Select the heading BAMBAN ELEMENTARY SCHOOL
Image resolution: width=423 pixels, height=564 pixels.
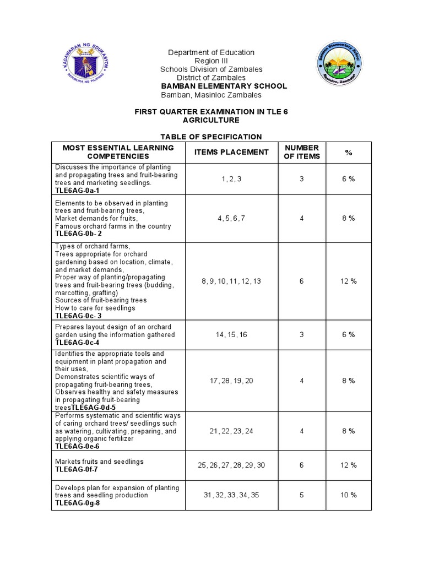coord(223,86)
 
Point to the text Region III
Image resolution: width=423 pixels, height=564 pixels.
coord(211,61)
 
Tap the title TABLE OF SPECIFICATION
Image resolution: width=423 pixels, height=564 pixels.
coord(211,137)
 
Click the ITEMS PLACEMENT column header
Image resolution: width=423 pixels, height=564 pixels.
coord(231,152)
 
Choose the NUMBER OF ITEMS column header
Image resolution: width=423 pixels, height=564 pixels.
coord(301,152)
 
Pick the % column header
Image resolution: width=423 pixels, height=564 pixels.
coord(348,152)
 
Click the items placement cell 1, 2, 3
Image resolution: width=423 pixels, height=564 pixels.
coord(231,179)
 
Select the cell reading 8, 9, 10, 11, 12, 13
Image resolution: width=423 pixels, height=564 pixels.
coord(231,281)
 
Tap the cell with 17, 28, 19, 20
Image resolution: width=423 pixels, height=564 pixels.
coord(231,381)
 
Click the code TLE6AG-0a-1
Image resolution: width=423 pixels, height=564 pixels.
coord(78,190)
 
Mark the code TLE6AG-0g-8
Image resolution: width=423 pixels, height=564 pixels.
coord(78,503)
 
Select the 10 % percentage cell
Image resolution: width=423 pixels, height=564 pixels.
coord(348,495)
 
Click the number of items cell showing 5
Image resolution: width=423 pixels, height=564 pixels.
coord(301,495)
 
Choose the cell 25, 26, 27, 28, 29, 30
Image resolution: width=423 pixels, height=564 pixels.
coord(231,465)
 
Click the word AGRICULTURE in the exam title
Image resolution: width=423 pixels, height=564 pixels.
coord(211,120)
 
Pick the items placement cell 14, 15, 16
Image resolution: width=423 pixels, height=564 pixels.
coord(231,334)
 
